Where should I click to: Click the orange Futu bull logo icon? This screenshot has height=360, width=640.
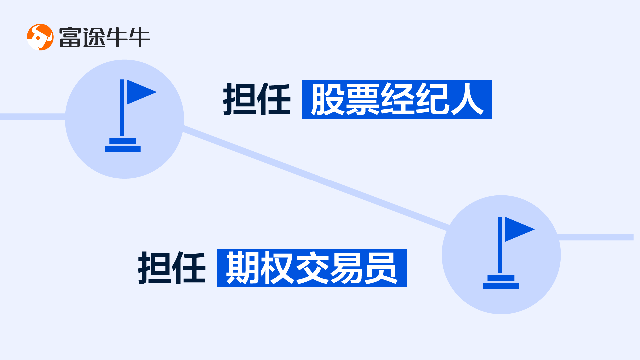click(x=40, y=37)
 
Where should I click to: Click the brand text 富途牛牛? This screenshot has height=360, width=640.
click(x=104, y=37)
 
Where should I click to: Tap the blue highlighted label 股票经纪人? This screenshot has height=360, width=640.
click(x=396, y=99)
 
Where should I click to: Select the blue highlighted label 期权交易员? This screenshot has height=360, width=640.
click(x=312, y=268)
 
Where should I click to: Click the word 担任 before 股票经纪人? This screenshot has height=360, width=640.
click(x=257, y=99)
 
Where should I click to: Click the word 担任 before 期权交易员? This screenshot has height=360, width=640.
click(x=172, y=268)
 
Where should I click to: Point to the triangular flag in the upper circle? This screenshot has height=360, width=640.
click(x=139, y=92)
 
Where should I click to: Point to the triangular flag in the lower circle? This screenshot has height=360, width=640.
click(x=517, y=229)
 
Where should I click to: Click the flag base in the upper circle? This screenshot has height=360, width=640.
click(x=123, y=145)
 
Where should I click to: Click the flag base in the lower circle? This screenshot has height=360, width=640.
click(x=501, y=282)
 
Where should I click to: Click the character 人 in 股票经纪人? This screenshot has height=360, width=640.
click(x=467, y=99)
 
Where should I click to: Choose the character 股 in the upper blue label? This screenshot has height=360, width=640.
click(x=327, y=99)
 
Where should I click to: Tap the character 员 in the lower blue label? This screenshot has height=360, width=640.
click(x=381, y=268)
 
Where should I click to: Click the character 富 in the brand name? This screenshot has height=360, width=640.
click(x=70, y=37)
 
